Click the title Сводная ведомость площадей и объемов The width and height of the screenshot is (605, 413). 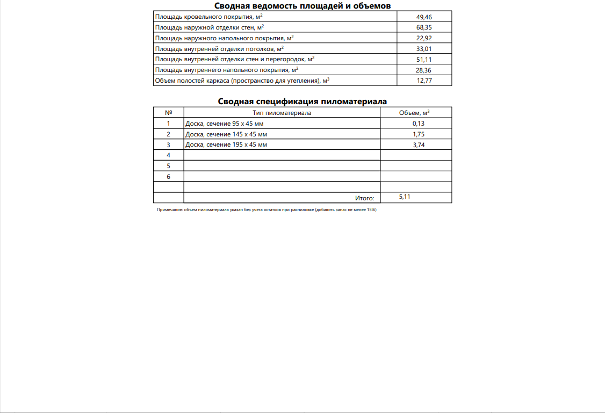[x=302, y=6]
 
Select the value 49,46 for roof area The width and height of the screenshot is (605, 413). [x=424, y=17]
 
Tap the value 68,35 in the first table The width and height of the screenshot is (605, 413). [x=424, y=27]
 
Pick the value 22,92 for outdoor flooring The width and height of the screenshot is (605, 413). [x=424, y=38]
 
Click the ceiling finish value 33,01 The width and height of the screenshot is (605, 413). [x=424, y=49]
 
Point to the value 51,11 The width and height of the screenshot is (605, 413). [x=424, y=60]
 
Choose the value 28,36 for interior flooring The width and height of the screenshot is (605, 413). [x=424, y=70]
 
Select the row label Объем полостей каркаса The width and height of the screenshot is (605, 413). [x=241, y=81]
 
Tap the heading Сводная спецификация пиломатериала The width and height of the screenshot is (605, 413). [x=302, y=101]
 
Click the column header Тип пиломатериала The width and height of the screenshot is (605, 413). [x=282, y=113]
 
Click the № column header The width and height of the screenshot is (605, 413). [x=168, y=113]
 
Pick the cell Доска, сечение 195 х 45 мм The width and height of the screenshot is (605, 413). [x=226, y=144]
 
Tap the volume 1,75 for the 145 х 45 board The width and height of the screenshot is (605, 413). [x=419, y=134]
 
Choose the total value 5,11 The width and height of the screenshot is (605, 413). [x=405, y=197]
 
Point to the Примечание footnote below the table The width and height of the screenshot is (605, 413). [x=267, y=210]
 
